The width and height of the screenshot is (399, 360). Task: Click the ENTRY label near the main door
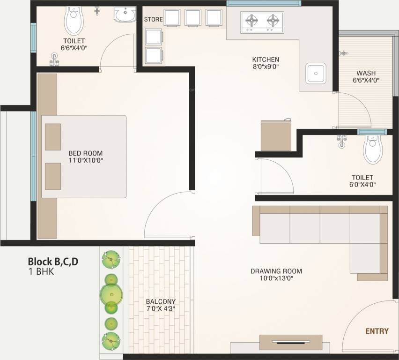(377, 331)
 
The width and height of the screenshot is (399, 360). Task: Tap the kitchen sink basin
(316, 74)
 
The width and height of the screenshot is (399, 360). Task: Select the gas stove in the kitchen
(262, 22)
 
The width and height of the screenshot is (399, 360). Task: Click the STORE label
(153, 19)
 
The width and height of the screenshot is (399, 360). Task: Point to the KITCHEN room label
(266, 60)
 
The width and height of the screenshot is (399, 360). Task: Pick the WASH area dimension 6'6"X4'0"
(366, 80)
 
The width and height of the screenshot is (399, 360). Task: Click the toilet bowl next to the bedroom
(74, 20)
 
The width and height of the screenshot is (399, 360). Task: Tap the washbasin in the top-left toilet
(125, 14)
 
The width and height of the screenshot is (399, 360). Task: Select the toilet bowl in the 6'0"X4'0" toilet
(373, 149)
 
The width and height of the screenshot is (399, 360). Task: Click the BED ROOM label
(86, 153)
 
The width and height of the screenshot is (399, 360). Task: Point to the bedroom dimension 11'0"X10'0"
(86, 160)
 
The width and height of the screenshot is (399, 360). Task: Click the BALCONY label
(161, 301)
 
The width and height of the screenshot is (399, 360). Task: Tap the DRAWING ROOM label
(276, 271)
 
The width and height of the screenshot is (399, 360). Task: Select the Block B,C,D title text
(53, 262)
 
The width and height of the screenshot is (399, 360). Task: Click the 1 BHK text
(41, 271)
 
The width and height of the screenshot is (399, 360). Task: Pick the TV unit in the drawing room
(291, 342)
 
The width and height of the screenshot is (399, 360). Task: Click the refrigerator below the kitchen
(276, 135)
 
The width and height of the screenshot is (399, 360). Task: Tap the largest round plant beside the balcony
(111, 294)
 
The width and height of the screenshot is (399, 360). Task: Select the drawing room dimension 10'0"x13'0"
(276, 278)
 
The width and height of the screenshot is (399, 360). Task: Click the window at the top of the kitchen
(264, 3)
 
